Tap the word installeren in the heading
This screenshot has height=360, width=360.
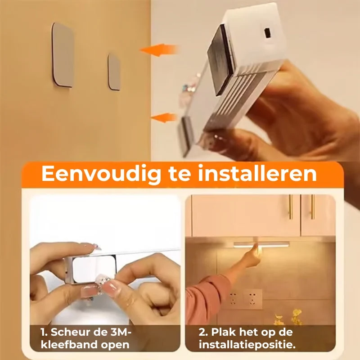(257, 173)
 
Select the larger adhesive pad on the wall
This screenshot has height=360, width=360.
(63, 55)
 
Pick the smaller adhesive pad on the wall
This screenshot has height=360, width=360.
(114, 72)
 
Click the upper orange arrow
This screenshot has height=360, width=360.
(158, 50)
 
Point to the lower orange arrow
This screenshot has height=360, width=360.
(164, 117)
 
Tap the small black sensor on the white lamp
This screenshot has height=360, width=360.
(267, 33)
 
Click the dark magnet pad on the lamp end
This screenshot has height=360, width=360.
(220, 60)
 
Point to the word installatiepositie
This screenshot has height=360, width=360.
(247, 345)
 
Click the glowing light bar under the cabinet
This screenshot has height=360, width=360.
(261, 244)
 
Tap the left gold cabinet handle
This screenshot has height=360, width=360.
(291, 207)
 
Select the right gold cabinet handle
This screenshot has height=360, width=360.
(312, 207)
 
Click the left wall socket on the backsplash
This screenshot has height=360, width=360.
(234, 299)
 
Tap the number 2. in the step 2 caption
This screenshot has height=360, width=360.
(203, 332)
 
